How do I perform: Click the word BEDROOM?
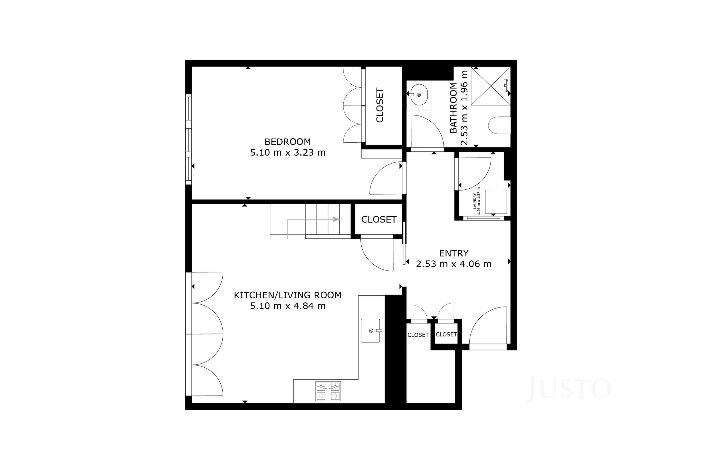tap(288, 142)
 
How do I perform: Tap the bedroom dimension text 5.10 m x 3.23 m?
tap(288, 152)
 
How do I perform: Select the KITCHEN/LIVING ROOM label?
tap(288, 295)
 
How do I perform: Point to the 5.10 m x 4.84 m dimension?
tap(288, 306)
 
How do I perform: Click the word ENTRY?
tap(454, 253)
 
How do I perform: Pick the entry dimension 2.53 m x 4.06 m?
tap(454, 264)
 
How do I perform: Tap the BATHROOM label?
tap(453, 108)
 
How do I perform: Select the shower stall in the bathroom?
tap(490, 86)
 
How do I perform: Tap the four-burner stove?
tap(328, 391)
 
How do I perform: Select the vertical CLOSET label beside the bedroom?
tap(380, 105)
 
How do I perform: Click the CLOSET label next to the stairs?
tap(379, 220)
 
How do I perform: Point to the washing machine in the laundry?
tap(496, 202)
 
